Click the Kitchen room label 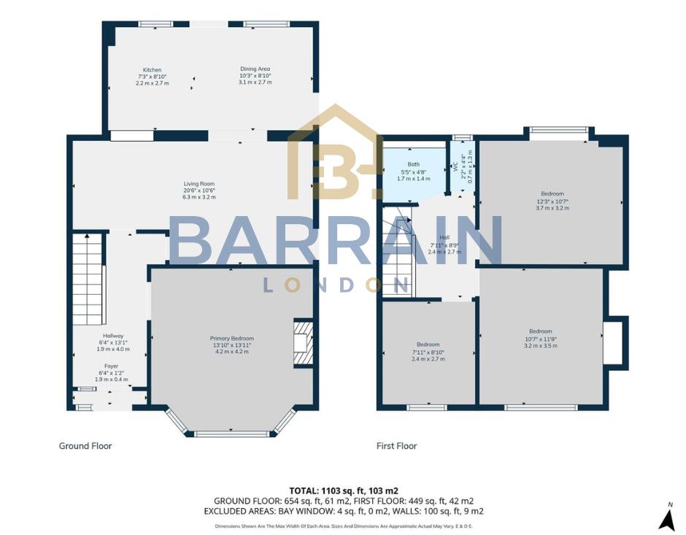click(152, 70)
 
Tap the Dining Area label click(255, 69)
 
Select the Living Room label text click(199, 184)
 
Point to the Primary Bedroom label click(232, 339)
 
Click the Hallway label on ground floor click(113, 336)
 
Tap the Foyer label click(111, 366)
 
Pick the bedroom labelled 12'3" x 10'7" click(552, 201)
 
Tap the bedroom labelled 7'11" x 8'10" click(428, 351)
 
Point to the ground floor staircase click(88, 270)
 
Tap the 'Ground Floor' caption click(85, 446)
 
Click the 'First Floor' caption click(396, 446)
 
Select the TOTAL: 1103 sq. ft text click(343, 490)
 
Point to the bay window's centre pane click(232, 434)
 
